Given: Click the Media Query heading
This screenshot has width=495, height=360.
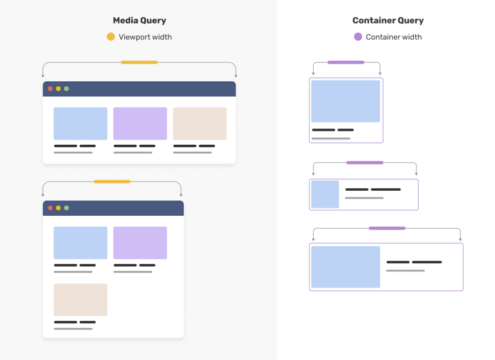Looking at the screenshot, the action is [139, 21].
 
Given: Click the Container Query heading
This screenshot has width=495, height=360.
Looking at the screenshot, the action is [387, 21].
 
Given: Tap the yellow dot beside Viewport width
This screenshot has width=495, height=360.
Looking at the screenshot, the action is [111, 37].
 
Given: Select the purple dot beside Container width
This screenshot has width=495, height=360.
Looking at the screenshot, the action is [358, 37].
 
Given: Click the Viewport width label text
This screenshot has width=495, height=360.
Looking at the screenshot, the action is [145, 37].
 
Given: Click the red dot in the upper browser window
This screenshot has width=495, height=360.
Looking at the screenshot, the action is [50, 89].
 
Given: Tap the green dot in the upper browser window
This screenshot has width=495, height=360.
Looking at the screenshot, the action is [66, 89].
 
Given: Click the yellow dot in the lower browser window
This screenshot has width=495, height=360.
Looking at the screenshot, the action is [58, 208].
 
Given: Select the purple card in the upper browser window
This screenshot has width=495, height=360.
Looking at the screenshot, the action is [140, 123].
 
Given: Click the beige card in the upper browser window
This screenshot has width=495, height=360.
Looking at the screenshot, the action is [199, 123].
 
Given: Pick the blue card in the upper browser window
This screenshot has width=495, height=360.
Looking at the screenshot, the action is [80, 123].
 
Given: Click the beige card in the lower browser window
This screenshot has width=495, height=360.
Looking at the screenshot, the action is [80, 300].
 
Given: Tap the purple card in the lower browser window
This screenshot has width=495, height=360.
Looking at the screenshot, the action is [140, 243].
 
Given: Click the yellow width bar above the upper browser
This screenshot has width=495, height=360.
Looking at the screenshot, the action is [139, 62].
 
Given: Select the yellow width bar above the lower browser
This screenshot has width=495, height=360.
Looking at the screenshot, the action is [112, 181].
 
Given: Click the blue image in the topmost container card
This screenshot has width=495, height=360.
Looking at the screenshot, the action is [346, 101].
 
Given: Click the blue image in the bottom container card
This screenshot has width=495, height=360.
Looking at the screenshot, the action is [346, 267].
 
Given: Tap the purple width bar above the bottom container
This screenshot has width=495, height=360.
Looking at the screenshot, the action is [387, 228].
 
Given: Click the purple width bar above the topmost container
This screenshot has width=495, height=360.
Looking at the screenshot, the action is [346, 62].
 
